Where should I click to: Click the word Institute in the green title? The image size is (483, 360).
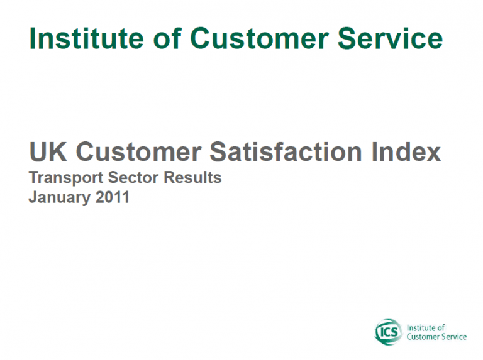[87, 38]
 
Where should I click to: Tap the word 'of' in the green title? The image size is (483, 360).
[167, 38]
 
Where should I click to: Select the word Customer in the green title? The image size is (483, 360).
[259, 38]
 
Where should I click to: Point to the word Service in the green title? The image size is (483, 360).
[391, 38]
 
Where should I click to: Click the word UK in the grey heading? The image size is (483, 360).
[48, 151]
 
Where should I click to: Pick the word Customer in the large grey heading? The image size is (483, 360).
[138, 151]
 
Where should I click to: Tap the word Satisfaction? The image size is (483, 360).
[286, 151]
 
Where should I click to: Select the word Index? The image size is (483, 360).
[406, 151]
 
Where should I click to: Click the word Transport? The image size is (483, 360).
[66, 178]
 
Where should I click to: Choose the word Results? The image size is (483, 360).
[192, 178]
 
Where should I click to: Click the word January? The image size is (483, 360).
[60, 197]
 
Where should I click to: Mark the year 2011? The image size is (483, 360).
[112, 197]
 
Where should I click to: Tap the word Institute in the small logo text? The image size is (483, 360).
[421, 328]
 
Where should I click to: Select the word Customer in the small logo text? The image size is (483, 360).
[423, 337]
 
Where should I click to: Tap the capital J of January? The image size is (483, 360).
[33, 197]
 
